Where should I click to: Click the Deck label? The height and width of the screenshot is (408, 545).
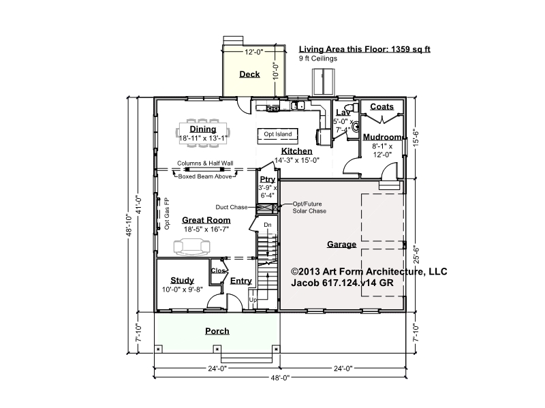(x=249, y=74)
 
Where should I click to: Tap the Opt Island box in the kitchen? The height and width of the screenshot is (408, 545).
(x=278, y=136)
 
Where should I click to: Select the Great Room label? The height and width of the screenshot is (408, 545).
(x=206, y=220)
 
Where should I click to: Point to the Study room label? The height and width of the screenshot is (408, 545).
(x=182, y=281)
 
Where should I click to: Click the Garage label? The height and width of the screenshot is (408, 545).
(x=342, y=245)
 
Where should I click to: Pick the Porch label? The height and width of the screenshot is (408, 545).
(x=217, y=331)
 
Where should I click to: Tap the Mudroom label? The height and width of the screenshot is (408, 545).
(x=382, y=137)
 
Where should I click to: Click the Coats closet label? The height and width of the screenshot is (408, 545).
(x=381, y=107)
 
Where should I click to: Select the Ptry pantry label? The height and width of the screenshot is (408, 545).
(x=268, y=179)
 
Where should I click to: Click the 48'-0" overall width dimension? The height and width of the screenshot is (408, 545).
(x=280, y=377)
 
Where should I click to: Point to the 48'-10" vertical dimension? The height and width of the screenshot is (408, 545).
(x=129, y=225)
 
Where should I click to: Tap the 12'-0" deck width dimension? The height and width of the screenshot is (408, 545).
(x=253, y=52)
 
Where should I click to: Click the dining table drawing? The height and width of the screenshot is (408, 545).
(x=203, y=133)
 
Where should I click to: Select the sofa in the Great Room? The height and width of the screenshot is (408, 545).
(x=192, y=247)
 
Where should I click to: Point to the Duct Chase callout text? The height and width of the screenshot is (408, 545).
(x=232, y=207)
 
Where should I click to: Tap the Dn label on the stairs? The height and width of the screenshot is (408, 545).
(x=268, y=225)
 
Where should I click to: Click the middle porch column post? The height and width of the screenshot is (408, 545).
(x=217, y=349)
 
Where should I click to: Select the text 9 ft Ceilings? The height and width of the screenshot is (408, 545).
(x=318, y=59)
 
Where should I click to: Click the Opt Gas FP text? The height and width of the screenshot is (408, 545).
(x=167, y=213)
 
